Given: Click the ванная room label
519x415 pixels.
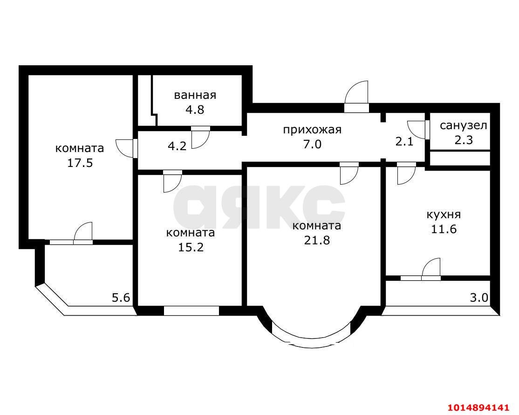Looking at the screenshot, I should pos(195,95).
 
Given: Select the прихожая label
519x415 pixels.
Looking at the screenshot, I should pos(312,129).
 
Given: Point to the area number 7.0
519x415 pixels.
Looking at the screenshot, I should pos(312,144).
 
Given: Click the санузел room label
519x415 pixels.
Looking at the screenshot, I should pos(464,125).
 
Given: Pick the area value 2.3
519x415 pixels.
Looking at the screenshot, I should pos(464,139).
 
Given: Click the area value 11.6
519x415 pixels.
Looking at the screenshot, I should pos(444,229).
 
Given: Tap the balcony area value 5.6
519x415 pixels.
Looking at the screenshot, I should pos(121,297).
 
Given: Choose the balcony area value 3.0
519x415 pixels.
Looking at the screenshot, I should pos(479,297).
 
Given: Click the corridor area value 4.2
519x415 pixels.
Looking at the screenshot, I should pos(177,146).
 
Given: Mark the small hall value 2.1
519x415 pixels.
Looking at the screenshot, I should pos(404,142).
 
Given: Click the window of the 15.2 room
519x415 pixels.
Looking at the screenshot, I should pos(191,310).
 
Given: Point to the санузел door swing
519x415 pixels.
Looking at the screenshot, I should pos(416,129).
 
